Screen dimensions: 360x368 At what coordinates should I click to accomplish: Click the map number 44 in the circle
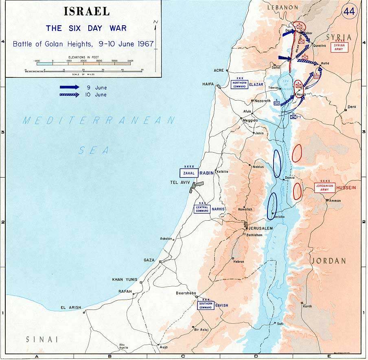tap(349, 11)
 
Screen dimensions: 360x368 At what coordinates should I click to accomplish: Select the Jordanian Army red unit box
tap(324, 188)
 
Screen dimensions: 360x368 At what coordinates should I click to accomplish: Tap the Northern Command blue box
tap(239, 84)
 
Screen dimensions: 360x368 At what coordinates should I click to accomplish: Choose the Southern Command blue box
tap(206, 305)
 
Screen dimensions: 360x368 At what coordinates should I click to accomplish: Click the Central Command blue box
tap(202, 209)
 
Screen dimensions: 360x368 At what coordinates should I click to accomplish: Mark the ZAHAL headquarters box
tap(189, 173)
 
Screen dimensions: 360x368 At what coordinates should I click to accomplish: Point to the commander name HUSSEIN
tap(346, 187)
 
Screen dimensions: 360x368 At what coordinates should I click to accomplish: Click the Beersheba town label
tap(186, 293)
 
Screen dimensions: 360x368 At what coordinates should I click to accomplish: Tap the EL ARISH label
tap(71, 307)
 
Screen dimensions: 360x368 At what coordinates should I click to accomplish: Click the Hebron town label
tap(239, 261)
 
